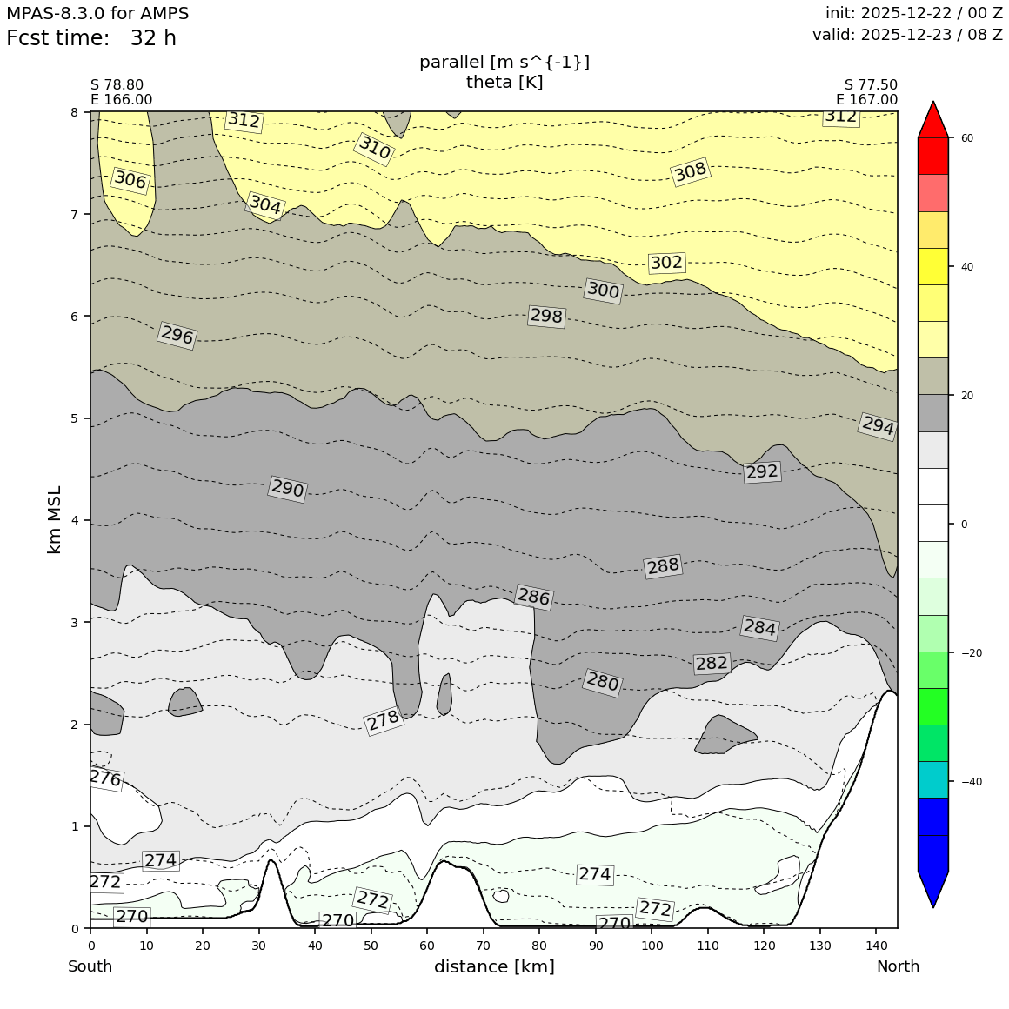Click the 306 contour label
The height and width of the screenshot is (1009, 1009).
pyautogui.click(x=130, y=180)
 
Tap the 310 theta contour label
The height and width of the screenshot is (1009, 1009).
pyautogui.click(x=374, y=148)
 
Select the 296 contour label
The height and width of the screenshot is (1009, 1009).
pyautogui.click(x=177, y=335)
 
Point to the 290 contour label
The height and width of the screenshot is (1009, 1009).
pyautogui.click(x=287, y=489)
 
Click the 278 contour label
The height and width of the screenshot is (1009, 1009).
pyautogui.click(x=383, y=720)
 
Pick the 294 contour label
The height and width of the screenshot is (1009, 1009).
pyautogui.click(x=878, y=425)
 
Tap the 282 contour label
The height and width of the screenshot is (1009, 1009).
pyautogui.click(x=712, y=664)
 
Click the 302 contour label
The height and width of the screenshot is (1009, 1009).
pyautogui.click(x=666, y=263)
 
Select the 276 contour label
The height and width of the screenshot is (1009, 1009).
pyautogui.click(x=105, y=778)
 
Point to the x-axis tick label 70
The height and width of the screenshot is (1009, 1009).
pyautogui.click(x=483, y=945)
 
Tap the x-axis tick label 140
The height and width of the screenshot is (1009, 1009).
pyautogui.click(x=875, y=945)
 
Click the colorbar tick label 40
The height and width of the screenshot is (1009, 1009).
pyautogui.click(x=966, y=267)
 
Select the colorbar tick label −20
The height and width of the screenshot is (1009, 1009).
pyautogui.click(x=970, y=653)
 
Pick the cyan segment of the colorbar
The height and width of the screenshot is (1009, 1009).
pyautogui.click(x=933, y=779)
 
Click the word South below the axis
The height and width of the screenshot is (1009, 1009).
pyautogui.click(x=90, y=966)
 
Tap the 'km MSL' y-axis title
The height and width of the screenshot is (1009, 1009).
pyautogui.click(x=55, y=519)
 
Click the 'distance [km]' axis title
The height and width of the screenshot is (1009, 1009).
pyautogui.click(x=494, y=966)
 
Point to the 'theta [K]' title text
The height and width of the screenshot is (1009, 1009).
pyautogui.click(x=504, y=82)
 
